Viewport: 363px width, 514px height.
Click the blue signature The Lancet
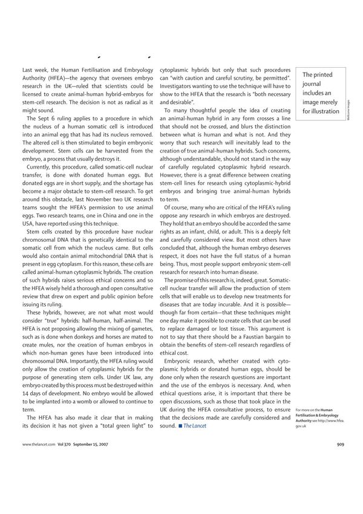195,426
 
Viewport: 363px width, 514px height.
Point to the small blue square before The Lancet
180,426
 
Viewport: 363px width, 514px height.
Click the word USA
30,224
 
